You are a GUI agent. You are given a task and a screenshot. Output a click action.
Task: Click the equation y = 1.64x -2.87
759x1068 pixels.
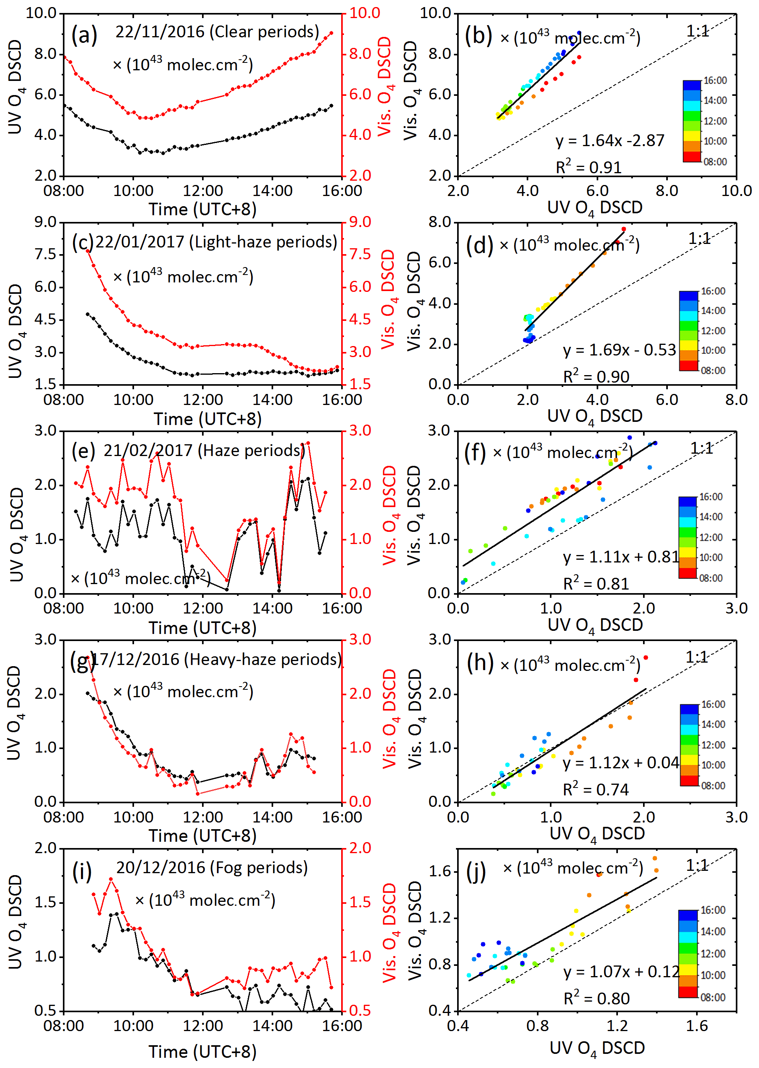click(610, 141)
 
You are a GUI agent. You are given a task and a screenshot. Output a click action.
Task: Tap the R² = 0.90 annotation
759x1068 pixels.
click(596, 376)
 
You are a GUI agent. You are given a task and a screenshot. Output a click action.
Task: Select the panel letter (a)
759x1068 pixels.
click(84, 35)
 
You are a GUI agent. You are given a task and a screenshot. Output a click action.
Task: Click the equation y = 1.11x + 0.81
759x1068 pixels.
click(621, 557)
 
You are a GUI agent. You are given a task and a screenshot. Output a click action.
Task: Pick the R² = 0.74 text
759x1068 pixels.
click(596, 789)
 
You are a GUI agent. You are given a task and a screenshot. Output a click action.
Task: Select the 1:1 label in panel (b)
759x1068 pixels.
click(697, 31)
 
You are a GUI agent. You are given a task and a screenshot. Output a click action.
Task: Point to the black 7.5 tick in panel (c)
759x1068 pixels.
click(45, 255)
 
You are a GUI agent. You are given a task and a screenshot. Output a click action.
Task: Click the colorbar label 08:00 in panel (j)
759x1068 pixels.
click(713, 997)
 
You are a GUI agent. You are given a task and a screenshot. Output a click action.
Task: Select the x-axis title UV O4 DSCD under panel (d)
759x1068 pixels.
click(594, 416)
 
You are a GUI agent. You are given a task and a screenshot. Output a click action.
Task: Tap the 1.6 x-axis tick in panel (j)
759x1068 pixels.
click(697, 1026)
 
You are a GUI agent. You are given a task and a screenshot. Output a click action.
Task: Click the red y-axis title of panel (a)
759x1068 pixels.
click(384, 86)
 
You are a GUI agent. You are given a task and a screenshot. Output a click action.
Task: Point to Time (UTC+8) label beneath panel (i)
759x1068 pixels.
click(202, 1051)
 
